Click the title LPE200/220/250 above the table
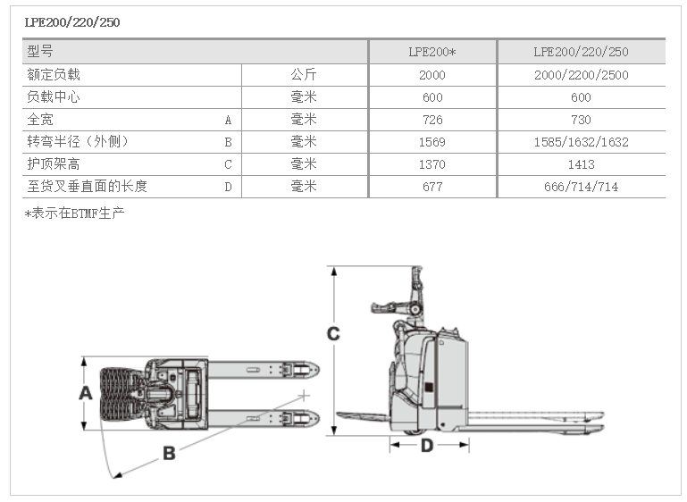tap(72, 22)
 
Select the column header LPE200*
tap(431, 53)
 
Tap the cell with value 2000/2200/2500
tap(581, 75)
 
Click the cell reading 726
tap(431, 120)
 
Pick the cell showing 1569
tap(431, 142)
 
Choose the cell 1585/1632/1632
tap(581, 142)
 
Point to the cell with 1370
tap(431, 164)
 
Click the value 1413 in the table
tap(581, 164)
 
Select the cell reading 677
tap(431, 187)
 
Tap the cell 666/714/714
tap(581, 187)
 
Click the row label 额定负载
tap(54, 75)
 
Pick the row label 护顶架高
tap(54, 164)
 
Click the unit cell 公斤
tap(304, 75)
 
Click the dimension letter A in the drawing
tap(86, 393)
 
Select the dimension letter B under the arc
tap(168, 453)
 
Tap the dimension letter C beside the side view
tap(332, 334)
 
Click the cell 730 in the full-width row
tap(581, 120)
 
